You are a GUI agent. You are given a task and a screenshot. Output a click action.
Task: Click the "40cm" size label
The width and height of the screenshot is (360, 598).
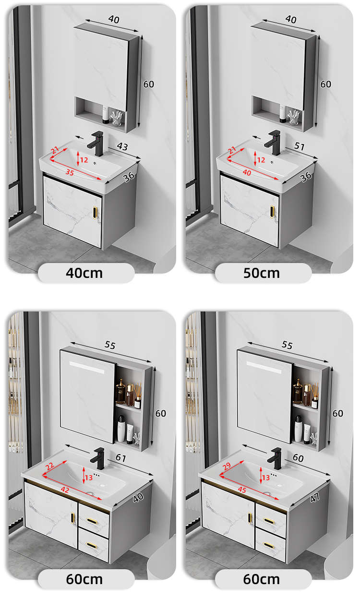pos(84,274)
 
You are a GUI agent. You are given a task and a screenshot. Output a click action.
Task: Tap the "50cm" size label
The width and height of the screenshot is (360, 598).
pos(262,274)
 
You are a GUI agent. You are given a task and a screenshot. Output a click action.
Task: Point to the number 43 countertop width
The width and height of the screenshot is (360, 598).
pos(122,146)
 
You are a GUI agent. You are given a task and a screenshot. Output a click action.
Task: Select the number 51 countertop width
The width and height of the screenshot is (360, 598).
pos(300,146)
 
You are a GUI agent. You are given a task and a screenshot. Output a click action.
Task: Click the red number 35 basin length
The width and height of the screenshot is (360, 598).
pos(70,172)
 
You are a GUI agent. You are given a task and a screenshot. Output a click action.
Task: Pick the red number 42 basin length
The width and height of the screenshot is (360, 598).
pos(65,490)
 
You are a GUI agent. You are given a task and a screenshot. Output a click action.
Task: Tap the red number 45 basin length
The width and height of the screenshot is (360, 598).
pos(242,490)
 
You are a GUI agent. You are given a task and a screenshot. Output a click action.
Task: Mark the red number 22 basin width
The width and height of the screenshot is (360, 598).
pos(50,466)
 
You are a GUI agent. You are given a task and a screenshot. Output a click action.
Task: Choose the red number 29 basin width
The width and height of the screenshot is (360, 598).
pos(227,466)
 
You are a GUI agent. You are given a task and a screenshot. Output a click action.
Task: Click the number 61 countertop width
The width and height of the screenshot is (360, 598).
pos(120,458)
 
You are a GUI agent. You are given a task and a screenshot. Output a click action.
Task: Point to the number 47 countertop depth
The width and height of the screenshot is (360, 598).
pos(314,498)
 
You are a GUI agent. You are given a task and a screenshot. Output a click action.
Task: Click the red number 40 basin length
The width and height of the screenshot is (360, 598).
pos(247,172)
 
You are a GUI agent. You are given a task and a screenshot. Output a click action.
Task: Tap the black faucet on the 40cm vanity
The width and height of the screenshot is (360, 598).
pos(96,144)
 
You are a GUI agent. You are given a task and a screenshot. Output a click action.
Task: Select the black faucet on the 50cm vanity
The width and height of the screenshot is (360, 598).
pos(273,143)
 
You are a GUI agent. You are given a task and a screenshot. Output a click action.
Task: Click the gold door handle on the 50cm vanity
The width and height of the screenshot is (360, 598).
pos(272,212)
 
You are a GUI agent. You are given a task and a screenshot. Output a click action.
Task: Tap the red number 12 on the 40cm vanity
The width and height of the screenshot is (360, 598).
pos(84,160)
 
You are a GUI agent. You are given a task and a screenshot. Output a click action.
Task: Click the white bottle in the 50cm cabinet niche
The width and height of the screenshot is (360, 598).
pos(283,113)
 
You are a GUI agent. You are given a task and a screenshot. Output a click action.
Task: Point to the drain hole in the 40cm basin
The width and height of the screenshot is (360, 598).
pos(95,163)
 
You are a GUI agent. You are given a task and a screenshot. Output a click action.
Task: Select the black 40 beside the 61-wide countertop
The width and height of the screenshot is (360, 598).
pos(138,498)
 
